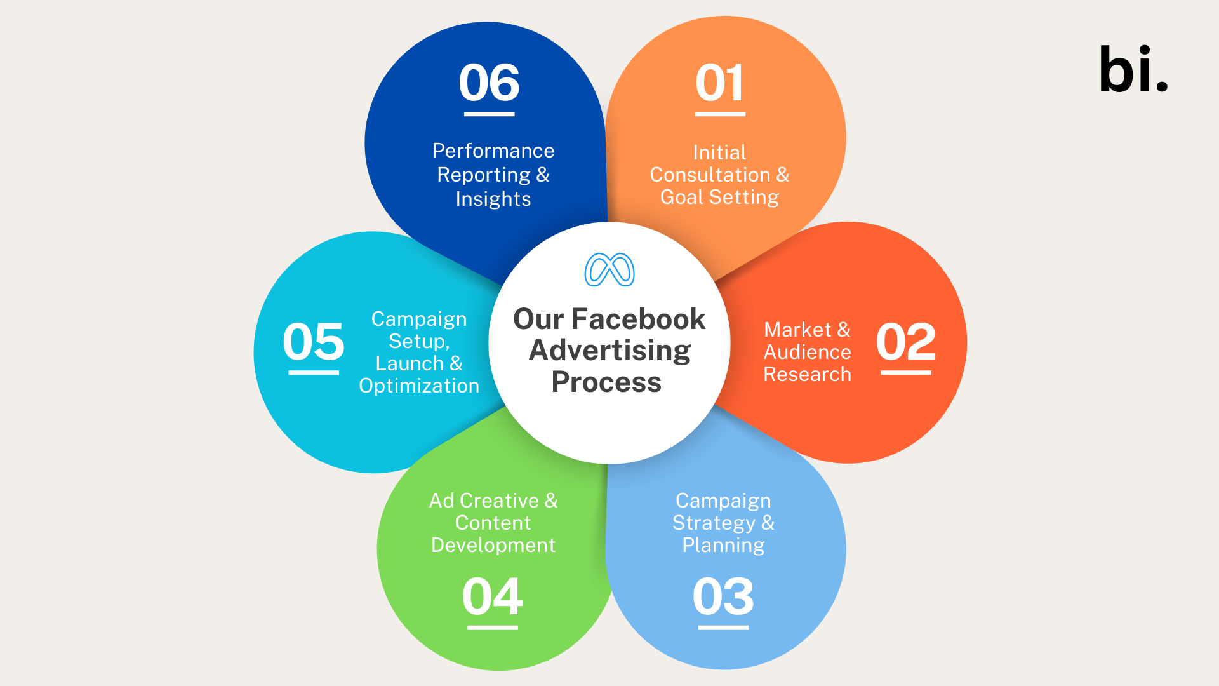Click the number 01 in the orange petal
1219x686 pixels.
(719, 83)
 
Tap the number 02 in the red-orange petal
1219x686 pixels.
(906, 342)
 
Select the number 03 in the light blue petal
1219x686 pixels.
(723, 596)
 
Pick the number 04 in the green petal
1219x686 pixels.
(493, 596)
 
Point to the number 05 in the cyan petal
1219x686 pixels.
(314, 342)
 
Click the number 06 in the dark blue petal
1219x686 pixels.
(489, 83)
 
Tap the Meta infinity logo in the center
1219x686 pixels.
(609, 270)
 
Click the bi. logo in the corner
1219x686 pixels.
(1133, 69)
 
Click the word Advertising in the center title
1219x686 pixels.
(609, 351)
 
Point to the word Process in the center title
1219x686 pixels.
(606, 382)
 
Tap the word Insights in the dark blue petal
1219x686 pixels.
(493, 199)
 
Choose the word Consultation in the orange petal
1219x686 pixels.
(710, 175)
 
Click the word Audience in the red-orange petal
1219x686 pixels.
(807, 352)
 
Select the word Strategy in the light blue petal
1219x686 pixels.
(714, 523)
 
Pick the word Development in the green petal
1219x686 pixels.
(493, 545)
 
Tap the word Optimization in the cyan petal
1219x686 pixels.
(419, 386)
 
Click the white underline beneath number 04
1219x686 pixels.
(493, 628)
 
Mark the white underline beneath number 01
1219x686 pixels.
(720, 114)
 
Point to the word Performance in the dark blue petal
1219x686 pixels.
(493, 151)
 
